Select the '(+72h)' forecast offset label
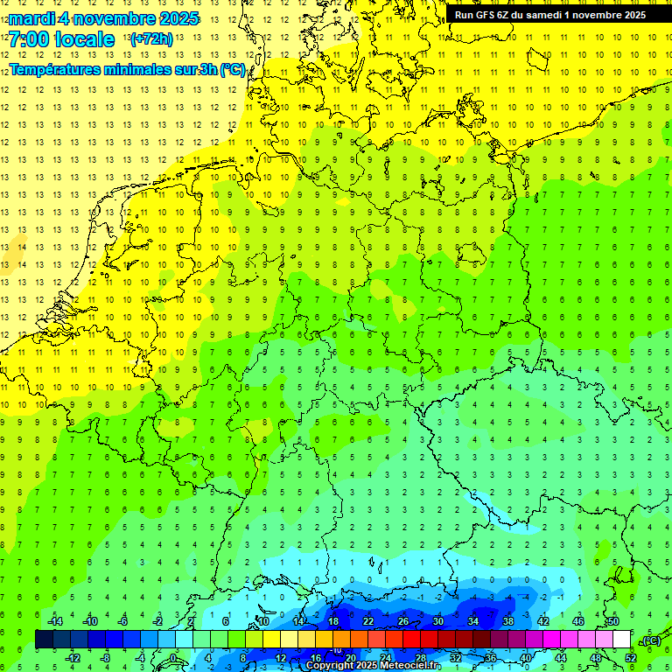pos(151,39)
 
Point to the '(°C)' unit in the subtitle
pos(233,69)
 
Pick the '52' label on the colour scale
pos(630,657)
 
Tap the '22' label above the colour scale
pos(367,621)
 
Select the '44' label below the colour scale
pos(560,657)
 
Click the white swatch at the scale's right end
pos(621,640)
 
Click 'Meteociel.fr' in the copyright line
pos(403,666)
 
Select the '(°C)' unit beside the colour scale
pos(650,640)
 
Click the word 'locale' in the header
pos(84,39)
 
